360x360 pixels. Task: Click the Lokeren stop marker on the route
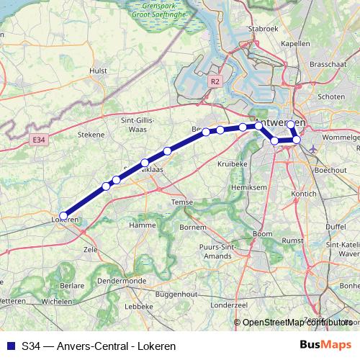[x=63, y=215]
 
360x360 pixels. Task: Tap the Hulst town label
[x=98, y=71]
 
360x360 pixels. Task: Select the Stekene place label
[x=91, y=134]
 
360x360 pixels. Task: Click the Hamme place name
[x=143, y=225]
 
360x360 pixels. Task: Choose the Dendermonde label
[x=122, y=281]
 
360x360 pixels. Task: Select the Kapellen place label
[x=294, y=44]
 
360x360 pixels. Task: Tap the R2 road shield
[x=215, y=82]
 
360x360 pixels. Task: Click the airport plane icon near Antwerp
[x=313, y=148]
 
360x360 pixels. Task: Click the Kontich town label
[x=305, y=194]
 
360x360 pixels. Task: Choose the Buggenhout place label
[x=176, y=295]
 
